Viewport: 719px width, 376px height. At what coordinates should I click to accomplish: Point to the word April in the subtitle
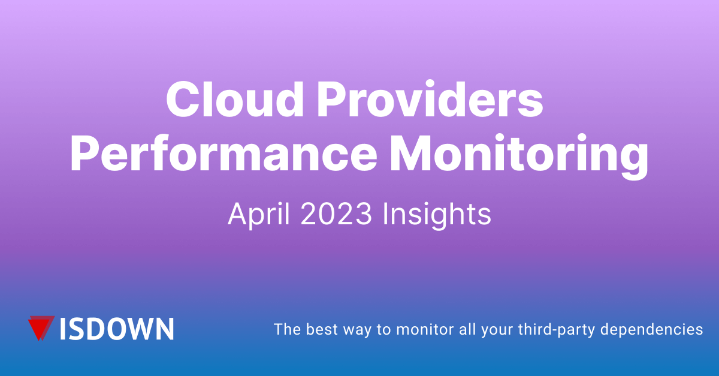(x=259, y=214)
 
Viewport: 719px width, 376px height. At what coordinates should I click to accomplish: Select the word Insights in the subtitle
(x=437, y=214)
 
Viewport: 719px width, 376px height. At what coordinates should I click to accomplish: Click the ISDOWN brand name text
(x=117, y=329)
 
